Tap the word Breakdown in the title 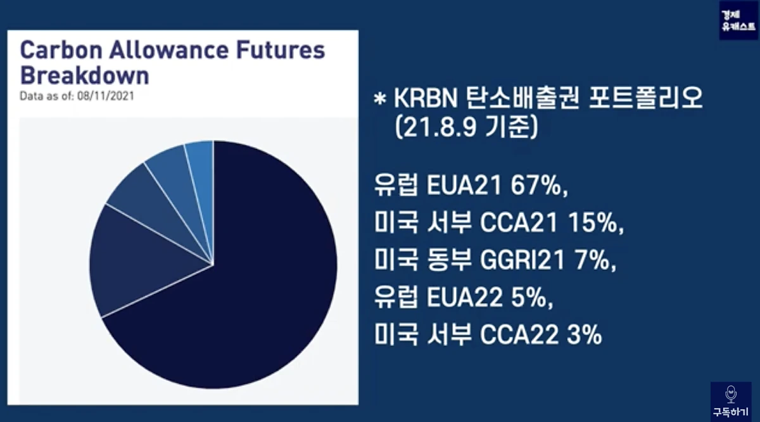point(85,75)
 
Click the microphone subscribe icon point(731,394)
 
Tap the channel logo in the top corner point(738,20)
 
